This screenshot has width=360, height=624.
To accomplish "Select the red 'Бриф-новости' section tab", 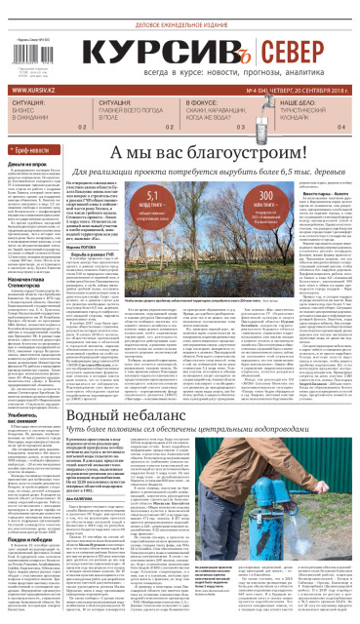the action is (x=35, y=151).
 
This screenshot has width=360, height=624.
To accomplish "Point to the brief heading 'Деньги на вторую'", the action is (x=26, y=166).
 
